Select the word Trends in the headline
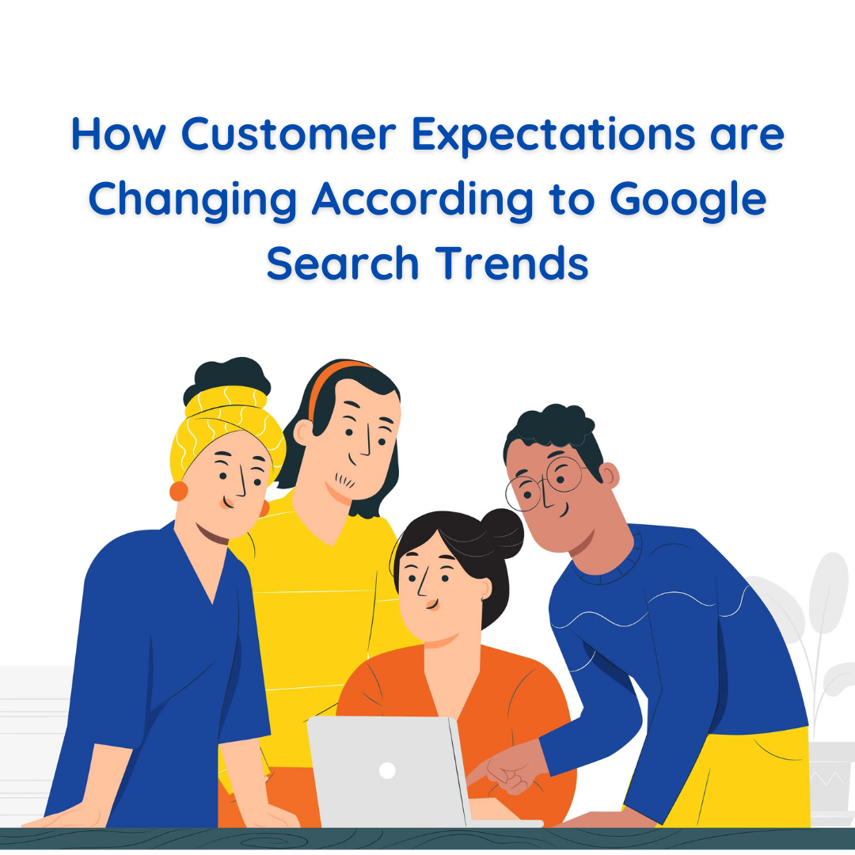click(522, 263)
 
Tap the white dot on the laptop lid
click(387, 770)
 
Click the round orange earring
click(179, 491)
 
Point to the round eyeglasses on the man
click(546, 483)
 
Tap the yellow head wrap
click(222, 424)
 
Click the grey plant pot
click(831, 776)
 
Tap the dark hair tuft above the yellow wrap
click(226, 376)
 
